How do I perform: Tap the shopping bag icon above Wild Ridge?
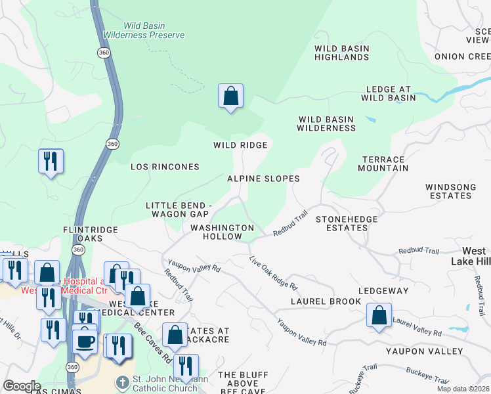click(230, 97)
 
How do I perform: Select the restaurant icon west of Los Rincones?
click(51, 162)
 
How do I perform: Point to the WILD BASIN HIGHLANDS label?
click(341, 53)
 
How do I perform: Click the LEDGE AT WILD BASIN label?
click(388, 94)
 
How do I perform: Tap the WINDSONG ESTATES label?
click(450, 192)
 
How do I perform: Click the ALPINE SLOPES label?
click(263, 179)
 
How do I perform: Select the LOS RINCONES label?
click(165, 167)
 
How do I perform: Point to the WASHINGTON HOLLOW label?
click(222, 232)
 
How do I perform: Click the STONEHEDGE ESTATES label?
click(341, 223)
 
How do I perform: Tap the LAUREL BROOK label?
click(326, 301)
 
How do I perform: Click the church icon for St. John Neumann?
click(122, 382)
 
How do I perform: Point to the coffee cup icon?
click(84, 341)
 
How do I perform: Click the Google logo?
click(21, 386)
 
